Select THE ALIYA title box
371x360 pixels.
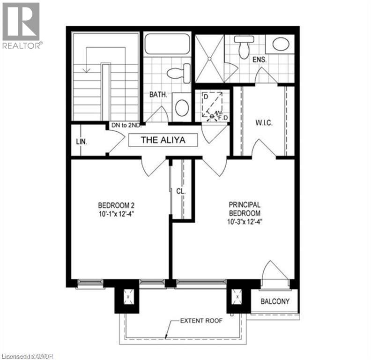tap(163, 140)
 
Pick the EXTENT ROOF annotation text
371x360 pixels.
tap(201, 321)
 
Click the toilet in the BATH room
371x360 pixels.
tap(179, 74)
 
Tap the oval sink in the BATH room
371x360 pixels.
tap(182, 107)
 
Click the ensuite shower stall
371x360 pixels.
tap(209, 59)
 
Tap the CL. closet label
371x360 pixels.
tap(181, 192)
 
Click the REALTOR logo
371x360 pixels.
tap(22, 25)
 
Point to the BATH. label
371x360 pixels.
tap(157, 94)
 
